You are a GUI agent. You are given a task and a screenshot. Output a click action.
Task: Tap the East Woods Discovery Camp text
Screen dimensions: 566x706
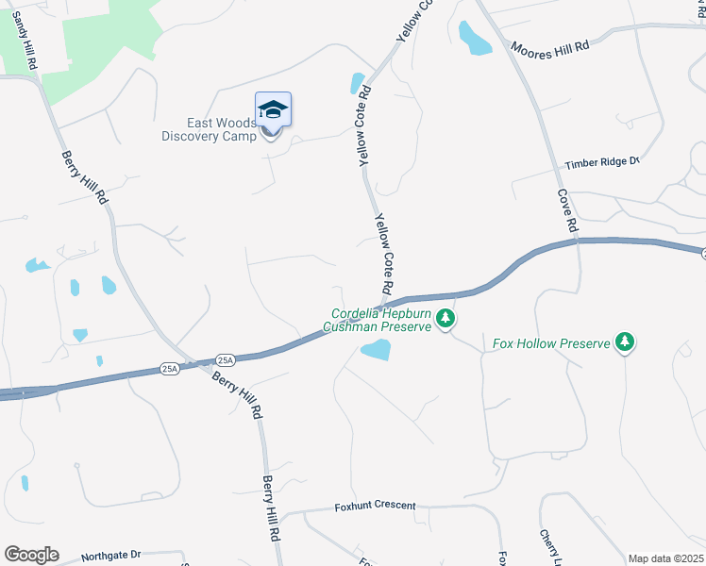[209, 129]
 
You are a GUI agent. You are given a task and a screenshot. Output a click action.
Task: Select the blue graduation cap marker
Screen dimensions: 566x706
[273, 109]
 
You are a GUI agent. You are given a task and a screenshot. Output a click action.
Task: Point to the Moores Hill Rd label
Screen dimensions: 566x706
[550, 48]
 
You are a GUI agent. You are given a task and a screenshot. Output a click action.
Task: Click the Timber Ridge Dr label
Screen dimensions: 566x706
[602, 163]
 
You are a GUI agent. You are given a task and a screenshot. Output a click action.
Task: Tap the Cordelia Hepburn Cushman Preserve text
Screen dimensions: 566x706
[380, 321]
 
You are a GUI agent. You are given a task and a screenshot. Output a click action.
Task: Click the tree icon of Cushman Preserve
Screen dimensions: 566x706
[445, 320]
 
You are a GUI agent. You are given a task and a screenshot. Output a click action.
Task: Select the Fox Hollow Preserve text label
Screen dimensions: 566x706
[551, 343]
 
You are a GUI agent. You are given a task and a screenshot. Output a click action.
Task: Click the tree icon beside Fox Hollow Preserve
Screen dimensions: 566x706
[624, 341]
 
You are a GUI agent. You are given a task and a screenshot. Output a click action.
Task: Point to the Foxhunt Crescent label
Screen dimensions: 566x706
[375, 506]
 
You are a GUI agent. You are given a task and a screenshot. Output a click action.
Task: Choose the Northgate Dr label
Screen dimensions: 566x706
[110, 556]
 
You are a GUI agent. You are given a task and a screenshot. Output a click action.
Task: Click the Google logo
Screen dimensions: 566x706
[31, 555]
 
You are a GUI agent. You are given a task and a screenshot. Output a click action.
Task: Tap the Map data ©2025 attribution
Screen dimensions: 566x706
[665, 558]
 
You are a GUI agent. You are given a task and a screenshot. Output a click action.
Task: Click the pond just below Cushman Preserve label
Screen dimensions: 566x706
[376, 351]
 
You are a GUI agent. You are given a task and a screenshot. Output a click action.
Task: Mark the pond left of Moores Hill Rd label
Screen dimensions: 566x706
[475, 39]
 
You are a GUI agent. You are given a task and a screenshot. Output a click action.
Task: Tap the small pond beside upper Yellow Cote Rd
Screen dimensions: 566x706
[358, 83]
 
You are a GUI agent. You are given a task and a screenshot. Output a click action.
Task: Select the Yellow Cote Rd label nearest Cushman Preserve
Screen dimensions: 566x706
[384, 253]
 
